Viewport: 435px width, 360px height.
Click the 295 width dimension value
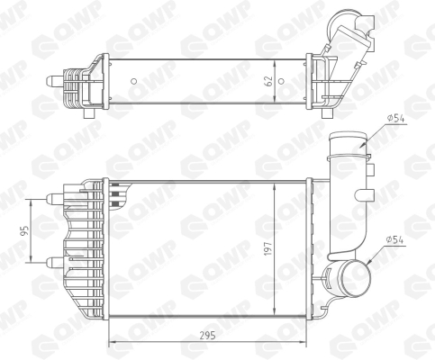tap(208, 336)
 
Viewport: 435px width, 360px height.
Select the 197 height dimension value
tap(267, 248)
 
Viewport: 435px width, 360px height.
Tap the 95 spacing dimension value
tap(25, 230)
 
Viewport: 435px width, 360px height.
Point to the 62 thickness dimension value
tap(268, 81)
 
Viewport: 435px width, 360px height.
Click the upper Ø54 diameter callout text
tap(395, 119)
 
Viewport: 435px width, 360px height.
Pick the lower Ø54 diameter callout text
tap(395, 239)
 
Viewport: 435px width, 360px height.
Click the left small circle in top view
tap(134, 81)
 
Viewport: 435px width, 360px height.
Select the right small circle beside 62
tap(281, 81)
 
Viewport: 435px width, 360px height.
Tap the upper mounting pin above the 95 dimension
tap(55, 197)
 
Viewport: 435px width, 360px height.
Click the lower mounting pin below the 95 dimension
tap(55, 263)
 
